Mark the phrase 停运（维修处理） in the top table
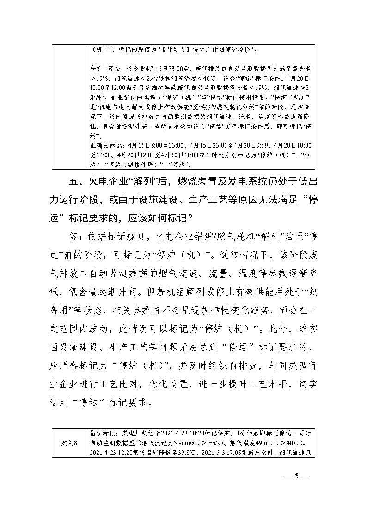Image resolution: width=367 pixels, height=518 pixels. coord(131,164)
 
